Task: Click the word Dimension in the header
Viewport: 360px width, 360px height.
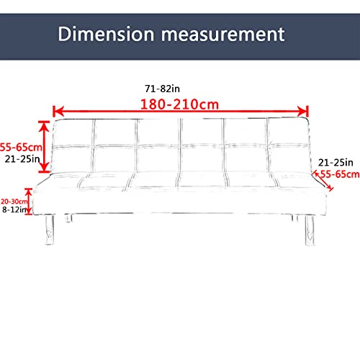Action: (106, 34)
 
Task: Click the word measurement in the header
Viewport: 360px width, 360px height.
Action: (222, 35)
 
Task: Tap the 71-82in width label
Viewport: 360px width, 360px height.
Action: (162, 89)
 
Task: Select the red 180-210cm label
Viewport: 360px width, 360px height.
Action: (179, 104)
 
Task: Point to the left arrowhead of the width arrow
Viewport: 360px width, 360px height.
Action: (58, 112)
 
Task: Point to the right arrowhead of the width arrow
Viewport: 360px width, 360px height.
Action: (303, 112)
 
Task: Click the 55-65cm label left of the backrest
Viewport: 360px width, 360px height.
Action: (21, 147)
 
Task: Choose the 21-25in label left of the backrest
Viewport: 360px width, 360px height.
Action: (22, 159)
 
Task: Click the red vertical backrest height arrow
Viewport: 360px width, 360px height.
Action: (44, 147)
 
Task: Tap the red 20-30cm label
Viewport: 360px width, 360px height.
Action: (14, 201)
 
